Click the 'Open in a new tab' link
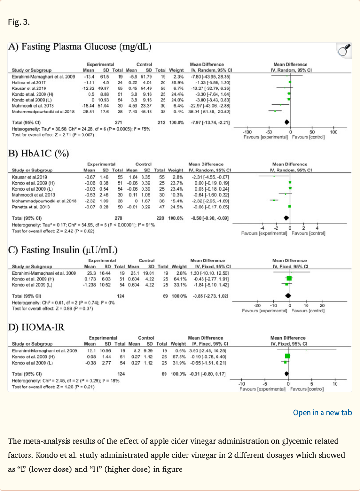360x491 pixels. click(x=322, y=413)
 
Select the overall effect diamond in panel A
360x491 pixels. click(x=287, y=121)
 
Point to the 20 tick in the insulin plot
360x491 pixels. click(x=322, y=305)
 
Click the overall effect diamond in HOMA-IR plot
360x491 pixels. click(x=287, y=373)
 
